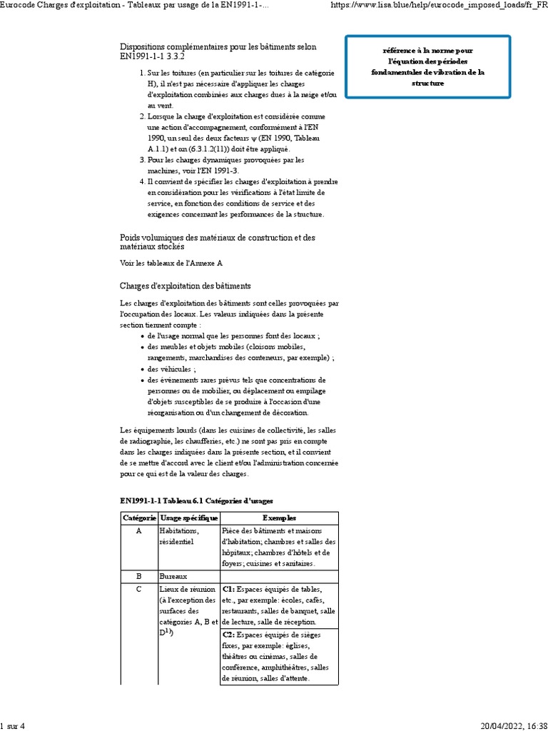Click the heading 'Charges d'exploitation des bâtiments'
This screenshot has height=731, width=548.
(185, 286)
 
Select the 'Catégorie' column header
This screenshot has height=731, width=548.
(138, 518)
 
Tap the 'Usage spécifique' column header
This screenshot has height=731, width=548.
(188, 518)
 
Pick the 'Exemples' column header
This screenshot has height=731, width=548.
(279, 518)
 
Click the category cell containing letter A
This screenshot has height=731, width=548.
(138, 531)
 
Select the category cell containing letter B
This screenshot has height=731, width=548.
(138, 575)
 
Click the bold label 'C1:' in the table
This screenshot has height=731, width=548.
(229, 589)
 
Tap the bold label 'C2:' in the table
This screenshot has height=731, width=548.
(229, 635)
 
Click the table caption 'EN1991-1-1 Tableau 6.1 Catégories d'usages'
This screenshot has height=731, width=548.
(196, 500)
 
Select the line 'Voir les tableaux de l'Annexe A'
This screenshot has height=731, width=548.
(171, 263)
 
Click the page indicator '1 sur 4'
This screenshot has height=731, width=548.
(13, 726)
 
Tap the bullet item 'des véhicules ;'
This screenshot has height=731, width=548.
(171, 369)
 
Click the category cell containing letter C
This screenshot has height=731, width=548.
(138, 589)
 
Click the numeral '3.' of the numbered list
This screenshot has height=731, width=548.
(142, 160)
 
